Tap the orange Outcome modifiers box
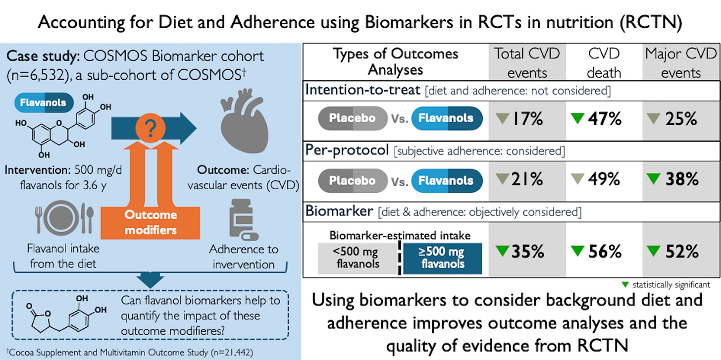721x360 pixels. (151, 222)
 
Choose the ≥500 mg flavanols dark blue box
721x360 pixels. (442, 258)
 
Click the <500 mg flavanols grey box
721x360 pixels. (357, 258)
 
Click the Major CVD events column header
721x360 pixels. (681, 63)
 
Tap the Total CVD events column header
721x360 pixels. (527, 63)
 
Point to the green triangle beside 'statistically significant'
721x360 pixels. (625, 285)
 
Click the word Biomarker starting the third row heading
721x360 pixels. (339, 211)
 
